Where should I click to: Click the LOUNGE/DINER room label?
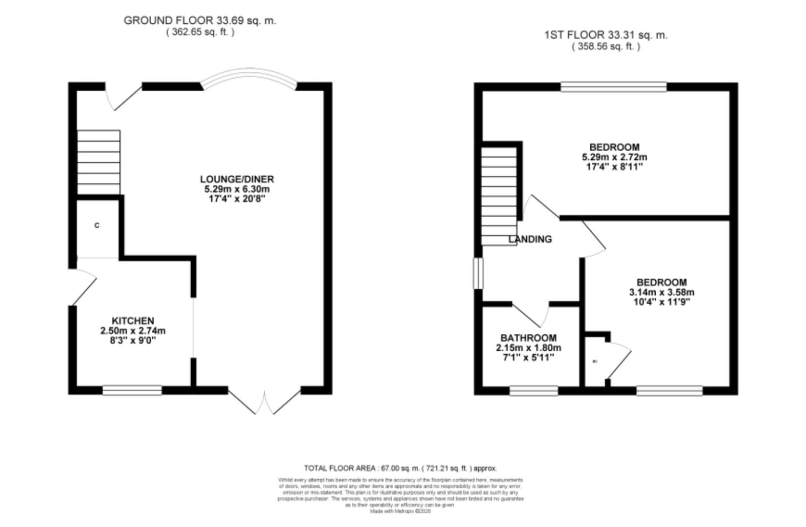(237, 179)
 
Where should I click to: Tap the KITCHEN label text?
(133, 321)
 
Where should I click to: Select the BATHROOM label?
(528, 338)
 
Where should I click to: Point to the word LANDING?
(530, 239)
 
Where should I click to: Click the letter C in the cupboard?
(97, 225)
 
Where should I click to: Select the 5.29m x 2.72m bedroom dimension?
(614, 157)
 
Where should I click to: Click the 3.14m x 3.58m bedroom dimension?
(662, 292)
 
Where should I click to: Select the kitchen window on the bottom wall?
(132, 390)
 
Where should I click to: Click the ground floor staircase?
(99, 162)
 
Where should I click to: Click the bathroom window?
(534, 390)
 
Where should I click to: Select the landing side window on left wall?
(478, 273)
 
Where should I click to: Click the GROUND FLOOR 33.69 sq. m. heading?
(200, 20)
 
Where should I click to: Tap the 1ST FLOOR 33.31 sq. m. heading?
(605, 35)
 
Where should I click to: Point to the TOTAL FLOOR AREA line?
(400, 468)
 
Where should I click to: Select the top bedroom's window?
(613, 87)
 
